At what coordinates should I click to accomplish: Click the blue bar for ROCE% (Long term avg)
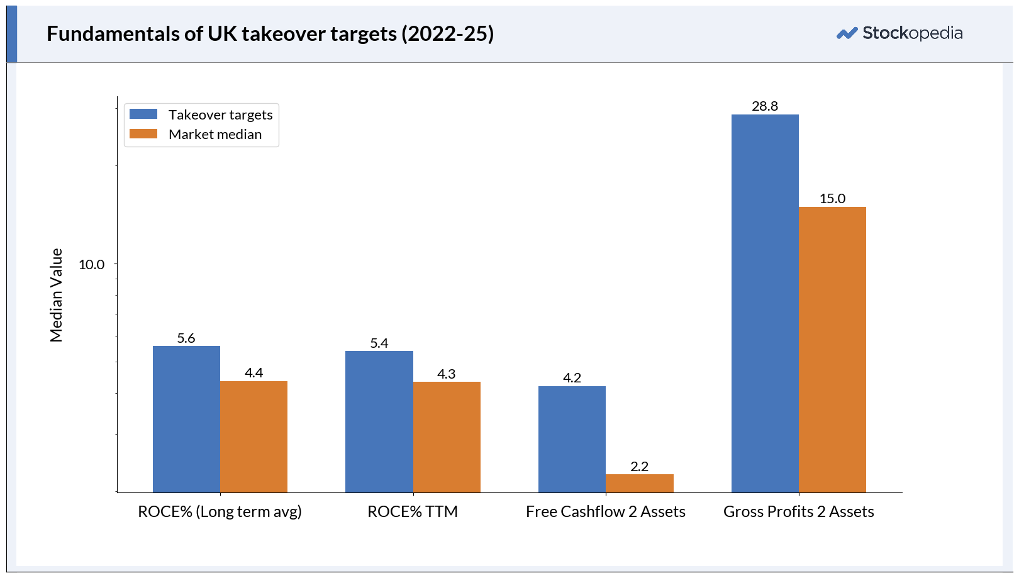pos(186,419)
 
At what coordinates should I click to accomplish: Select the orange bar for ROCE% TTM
pos(447,437)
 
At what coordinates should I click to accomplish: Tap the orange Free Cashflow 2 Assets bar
pos(640,484)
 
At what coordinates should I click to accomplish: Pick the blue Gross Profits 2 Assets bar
pos(765,303)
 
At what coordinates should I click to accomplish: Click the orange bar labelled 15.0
pos(832,350)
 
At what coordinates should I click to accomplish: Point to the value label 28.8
pos(765,106)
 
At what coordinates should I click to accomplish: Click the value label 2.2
pos(639,466)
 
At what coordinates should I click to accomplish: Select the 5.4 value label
pos(379,343)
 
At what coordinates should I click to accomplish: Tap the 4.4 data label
pos(253,373)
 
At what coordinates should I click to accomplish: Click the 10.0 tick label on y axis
pos(91,264)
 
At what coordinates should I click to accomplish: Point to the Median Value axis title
pos(56,295)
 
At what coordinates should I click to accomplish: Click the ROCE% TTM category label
pos(413,511)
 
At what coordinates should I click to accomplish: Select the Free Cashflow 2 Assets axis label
pos(606,511)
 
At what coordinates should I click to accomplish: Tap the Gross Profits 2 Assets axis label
pos(798,511)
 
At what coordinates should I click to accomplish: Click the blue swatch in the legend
pos(143,114)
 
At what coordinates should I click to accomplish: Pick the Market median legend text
pos(215,134)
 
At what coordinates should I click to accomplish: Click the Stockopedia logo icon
pos(847,33)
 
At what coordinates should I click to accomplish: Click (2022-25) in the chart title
pos(447,34)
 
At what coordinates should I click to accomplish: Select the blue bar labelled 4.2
pos(572,439)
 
